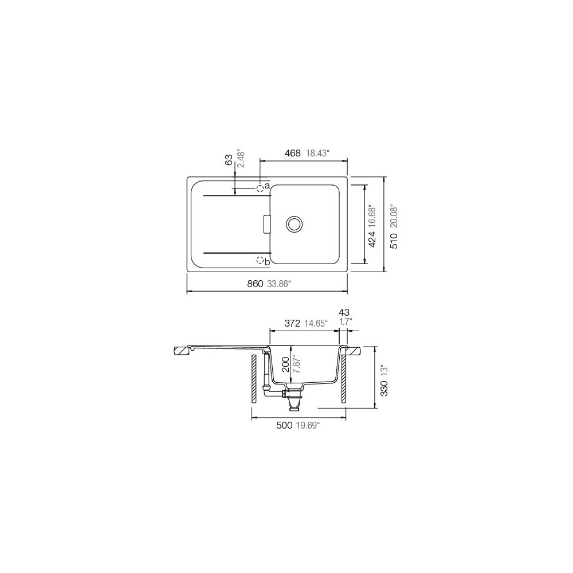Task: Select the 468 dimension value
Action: [292, 153]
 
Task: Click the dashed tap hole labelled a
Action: [260, 187]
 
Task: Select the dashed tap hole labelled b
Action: [260, 261]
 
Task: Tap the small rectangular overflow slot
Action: [266, 224]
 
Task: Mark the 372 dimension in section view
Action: [292, 323]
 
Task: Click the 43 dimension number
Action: [344, 312]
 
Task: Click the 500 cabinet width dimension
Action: [285, 425]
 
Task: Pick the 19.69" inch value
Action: [308, 425]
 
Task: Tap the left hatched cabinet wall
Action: [253, 379]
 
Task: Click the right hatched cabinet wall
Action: [343, 379]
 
